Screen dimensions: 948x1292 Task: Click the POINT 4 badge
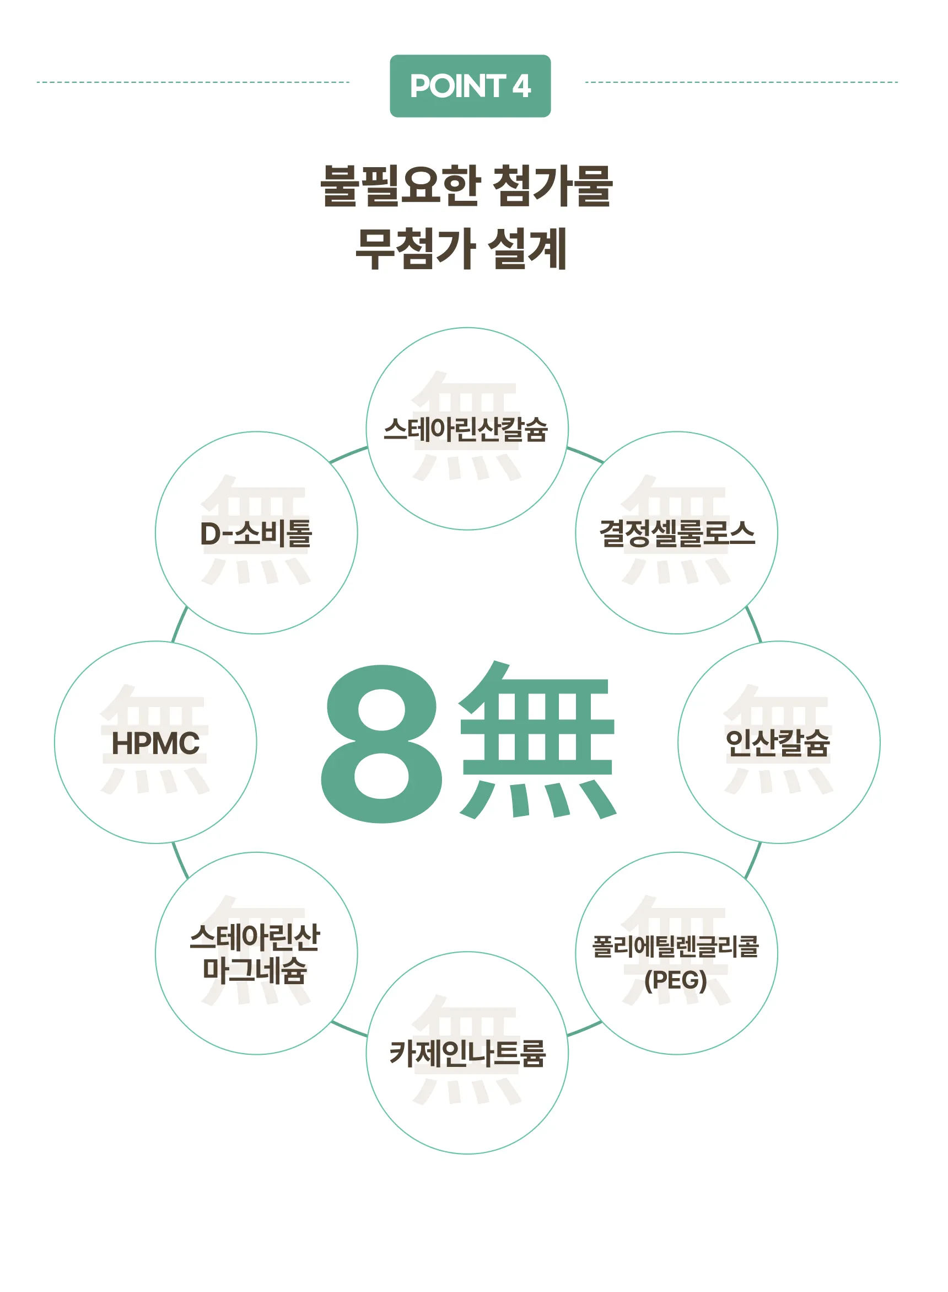[x=470, y=86]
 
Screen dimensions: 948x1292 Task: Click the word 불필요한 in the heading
[x=400, y=185]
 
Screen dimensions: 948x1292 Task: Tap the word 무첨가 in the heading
[x=414, y=248]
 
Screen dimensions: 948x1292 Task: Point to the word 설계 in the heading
[x=527, y=248]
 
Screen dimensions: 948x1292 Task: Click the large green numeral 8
[x=381, y=744]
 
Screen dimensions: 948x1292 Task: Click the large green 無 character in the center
[x=538, y=741]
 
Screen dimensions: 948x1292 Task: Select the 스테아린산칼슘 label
[x=466, y=429]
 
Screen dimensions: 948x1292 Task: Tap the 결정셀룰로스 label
[x=677, y=533]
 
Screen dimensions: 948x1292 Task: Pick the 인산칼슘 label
[x=778, y=743]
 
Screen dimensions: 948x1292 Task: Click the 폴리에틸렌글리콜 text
[x=675, y=946]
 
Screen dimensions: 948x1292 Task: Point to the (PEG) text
[x=675, y=980]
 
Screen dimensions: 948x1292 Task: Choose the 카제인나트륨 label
[x=467, y=1053]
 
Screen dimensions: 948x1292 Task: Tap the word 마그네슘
[x=255, y=970]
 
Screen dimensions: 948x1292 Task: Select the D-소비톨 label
[x=256, y=533]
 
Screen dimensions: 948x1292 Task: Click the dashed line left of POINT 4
[x=193, y=82]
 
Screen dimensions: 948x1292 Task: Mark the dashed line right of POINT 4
[x=741, y=82]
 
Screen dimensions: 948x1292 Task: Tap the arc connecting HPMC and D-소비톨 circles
[x=180, y=623]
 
